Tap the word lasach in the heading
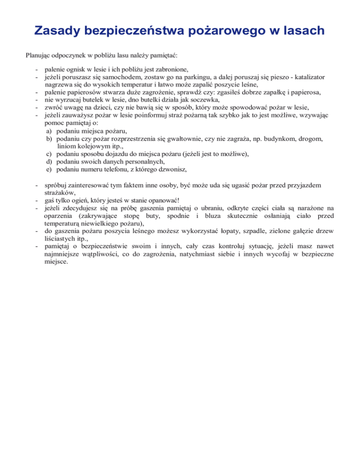(x=301, y=31)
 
